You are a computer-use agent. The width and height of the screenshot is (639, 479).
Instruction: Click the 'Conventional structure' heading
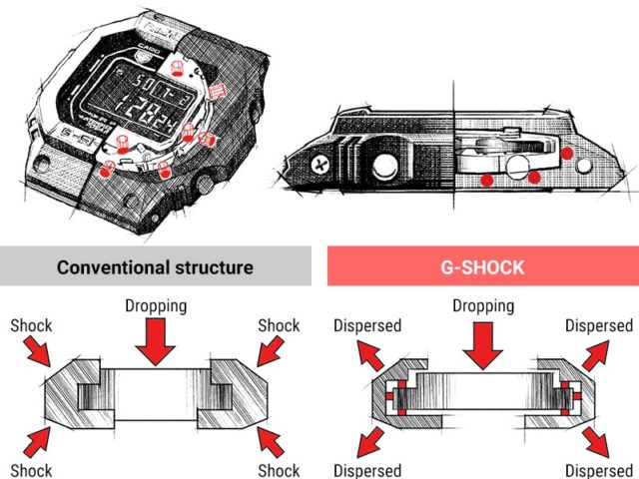155,267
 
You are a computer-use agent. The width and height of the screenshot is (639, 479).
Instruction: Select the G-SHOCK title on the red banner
481,267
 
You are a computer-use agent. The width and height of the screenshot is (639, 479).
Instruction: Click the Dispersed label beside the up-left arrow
367,325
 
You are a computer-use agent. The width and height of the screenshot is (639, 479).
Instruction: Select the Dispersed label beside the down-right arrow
599,469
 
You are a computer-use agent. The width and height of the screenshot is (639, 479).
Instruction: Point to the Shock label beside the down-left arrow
279,325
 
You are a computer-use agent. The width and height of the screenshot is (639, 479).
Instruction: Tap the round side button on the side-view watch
385,169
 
